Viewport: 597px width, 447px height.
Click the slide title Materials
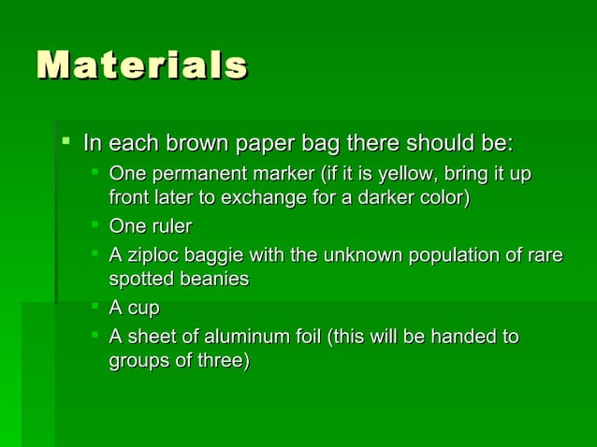pyautogui.click(x=141, y=66)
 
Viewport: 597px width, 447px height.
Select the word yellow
pyautogui.click(x=402, y=175)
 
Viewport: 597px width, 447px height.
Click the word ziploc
pyautogui.click(x=153, y=254)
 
